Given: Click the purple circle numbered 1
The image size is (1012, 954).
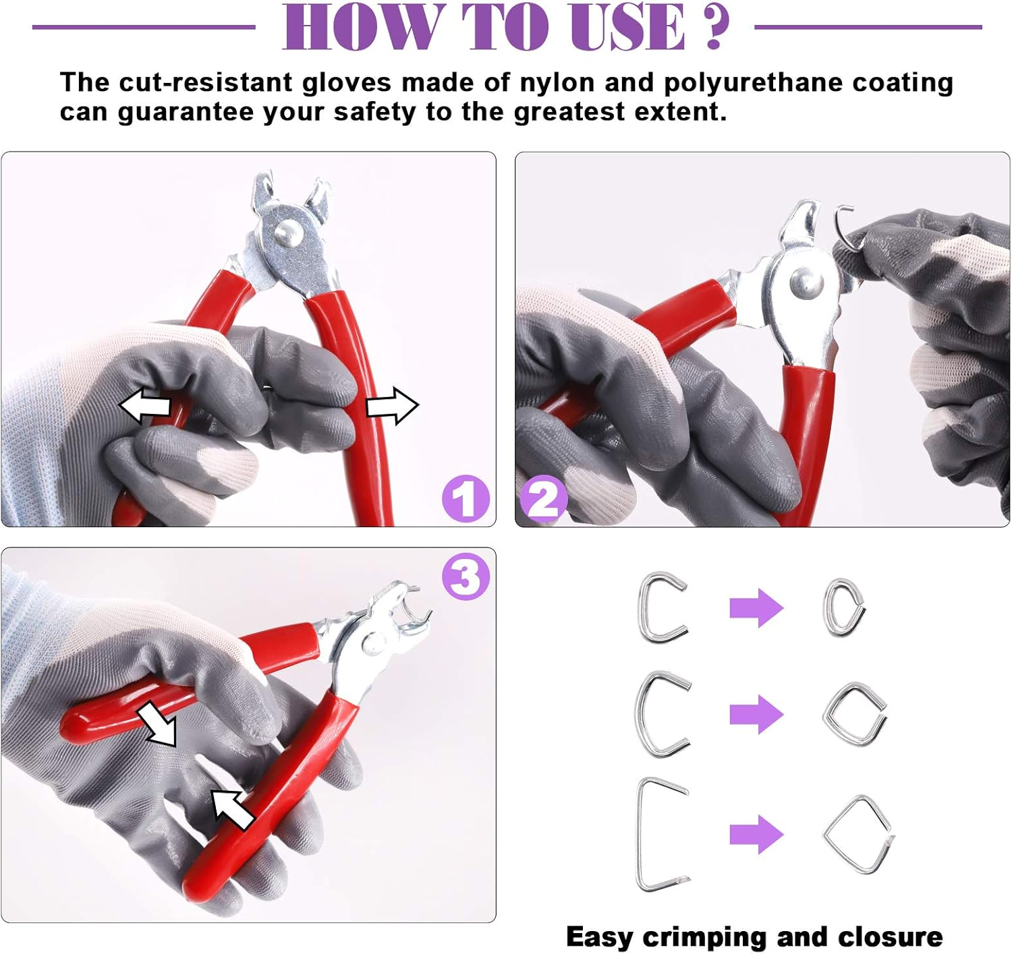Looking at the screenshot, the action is tap(466, 498).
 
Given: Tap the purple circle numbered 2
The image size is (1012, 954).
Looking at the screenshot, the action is tap(543, 498).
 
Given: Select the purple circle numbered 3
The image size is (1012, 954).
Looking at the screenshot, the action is tap(466, 576).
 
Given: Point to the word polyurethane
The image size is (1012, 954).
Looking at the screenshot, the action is tap(753, 84).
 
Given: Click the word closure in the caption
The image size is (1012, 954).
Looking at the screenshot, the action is tap(890, 936).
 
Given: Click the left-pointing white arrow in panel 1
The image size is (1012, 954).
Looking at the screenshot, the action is tap(144, 406).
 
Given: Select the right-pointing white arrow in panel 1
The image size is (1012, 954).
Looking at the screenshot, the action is tap(393, 406).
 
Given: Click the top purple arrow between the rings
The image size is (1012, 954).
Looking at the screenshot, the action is tap(756, 607).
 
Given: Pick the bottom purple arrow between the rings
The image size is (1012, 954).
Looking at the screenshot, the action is tap(756, 834).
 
